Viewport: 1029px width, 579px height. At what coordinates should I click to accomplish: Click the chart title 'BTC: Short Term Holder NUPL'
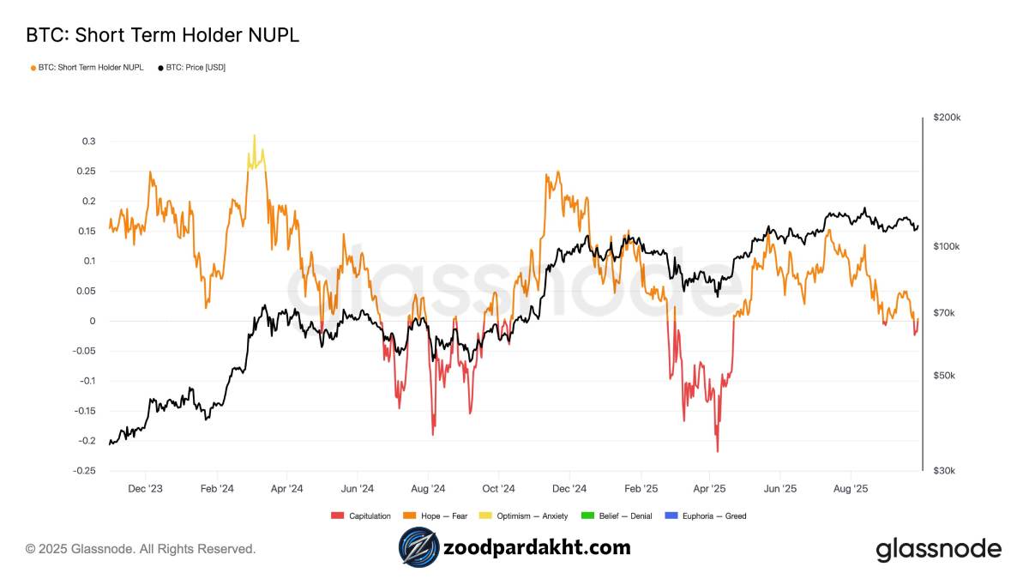click(x=162, y=35)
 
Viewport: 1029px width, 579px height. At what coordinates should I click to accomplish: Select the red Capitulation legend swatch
click(x=336, y=516)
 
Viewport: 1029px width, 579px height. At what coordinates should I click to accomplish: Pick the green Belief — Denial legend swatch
click(x=587, y=516)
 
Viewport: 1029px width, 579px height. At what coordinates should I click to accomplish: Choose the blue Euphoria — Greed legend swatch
click(x=671, y=516)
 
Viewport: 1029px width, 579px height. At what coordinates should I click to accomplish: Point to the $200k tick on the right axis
click(x=947, y=118)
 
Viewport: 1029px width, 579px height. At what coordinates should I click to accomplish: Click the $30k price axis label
click(x=944, y=471)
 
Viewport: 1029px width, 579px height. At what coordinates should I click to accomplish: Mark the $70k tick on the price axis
click(x=944, y=313)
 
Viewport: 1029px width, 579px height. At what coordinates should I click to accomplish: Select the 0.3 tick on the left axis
click(x=89, y=142)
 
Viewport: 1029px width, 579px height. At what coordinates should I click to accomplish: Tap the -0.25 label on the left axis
click(x=84, y=471)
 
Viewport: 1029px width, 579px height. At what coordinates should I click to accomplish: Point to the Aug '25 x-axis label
click(x=851, y=489)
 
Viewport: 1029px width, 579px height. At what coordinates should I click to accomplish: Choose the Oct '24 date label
click(x=498, y=489)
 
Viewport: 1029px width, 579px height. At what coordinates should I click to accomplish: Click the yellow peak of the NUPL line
click(x=254, y=136)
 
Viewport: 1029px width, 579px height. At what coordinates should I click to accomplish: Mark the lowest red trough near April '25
click(x=717, y=451)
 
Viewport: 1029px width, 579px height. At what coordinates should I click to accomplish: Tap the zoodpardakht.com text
click(x=537, y=547)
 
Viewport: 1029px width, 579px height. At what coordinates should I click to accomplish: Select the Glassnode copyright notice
click(x=141, y=549)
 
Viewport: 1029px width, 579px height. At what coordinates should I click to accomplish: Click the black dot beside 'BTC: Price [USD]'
click(x=160, y=67)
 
